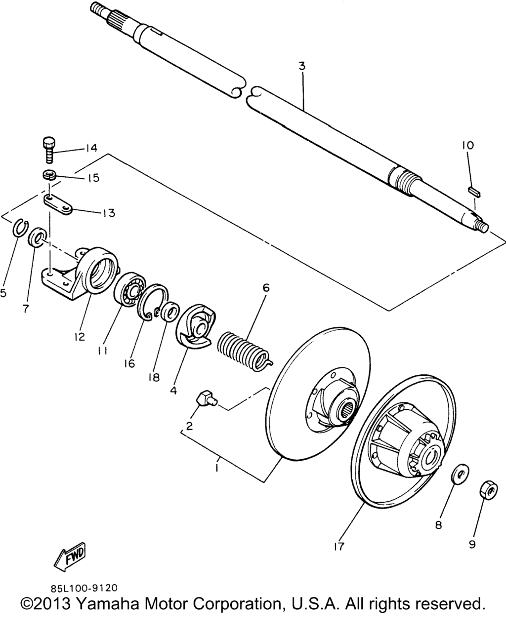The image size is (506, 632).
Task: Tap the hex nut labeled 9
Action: pyautogui.click(x=488, y=490)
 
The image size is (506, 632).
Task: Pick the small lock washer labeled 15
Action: pyautogui.click(x=48, y=175)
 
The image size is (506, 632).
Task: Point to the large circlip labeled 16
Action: pyautogui.click(x=153, y=303)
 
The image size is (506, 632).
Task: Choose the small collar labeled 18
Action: pyautogui.click(x=170, y=312)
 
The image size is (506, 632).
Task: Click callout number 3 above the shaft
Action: pyautogui.click(x=302, y=66)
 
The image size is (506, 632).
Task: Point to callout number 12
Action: pyautogui.click(x=80, y=337)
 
